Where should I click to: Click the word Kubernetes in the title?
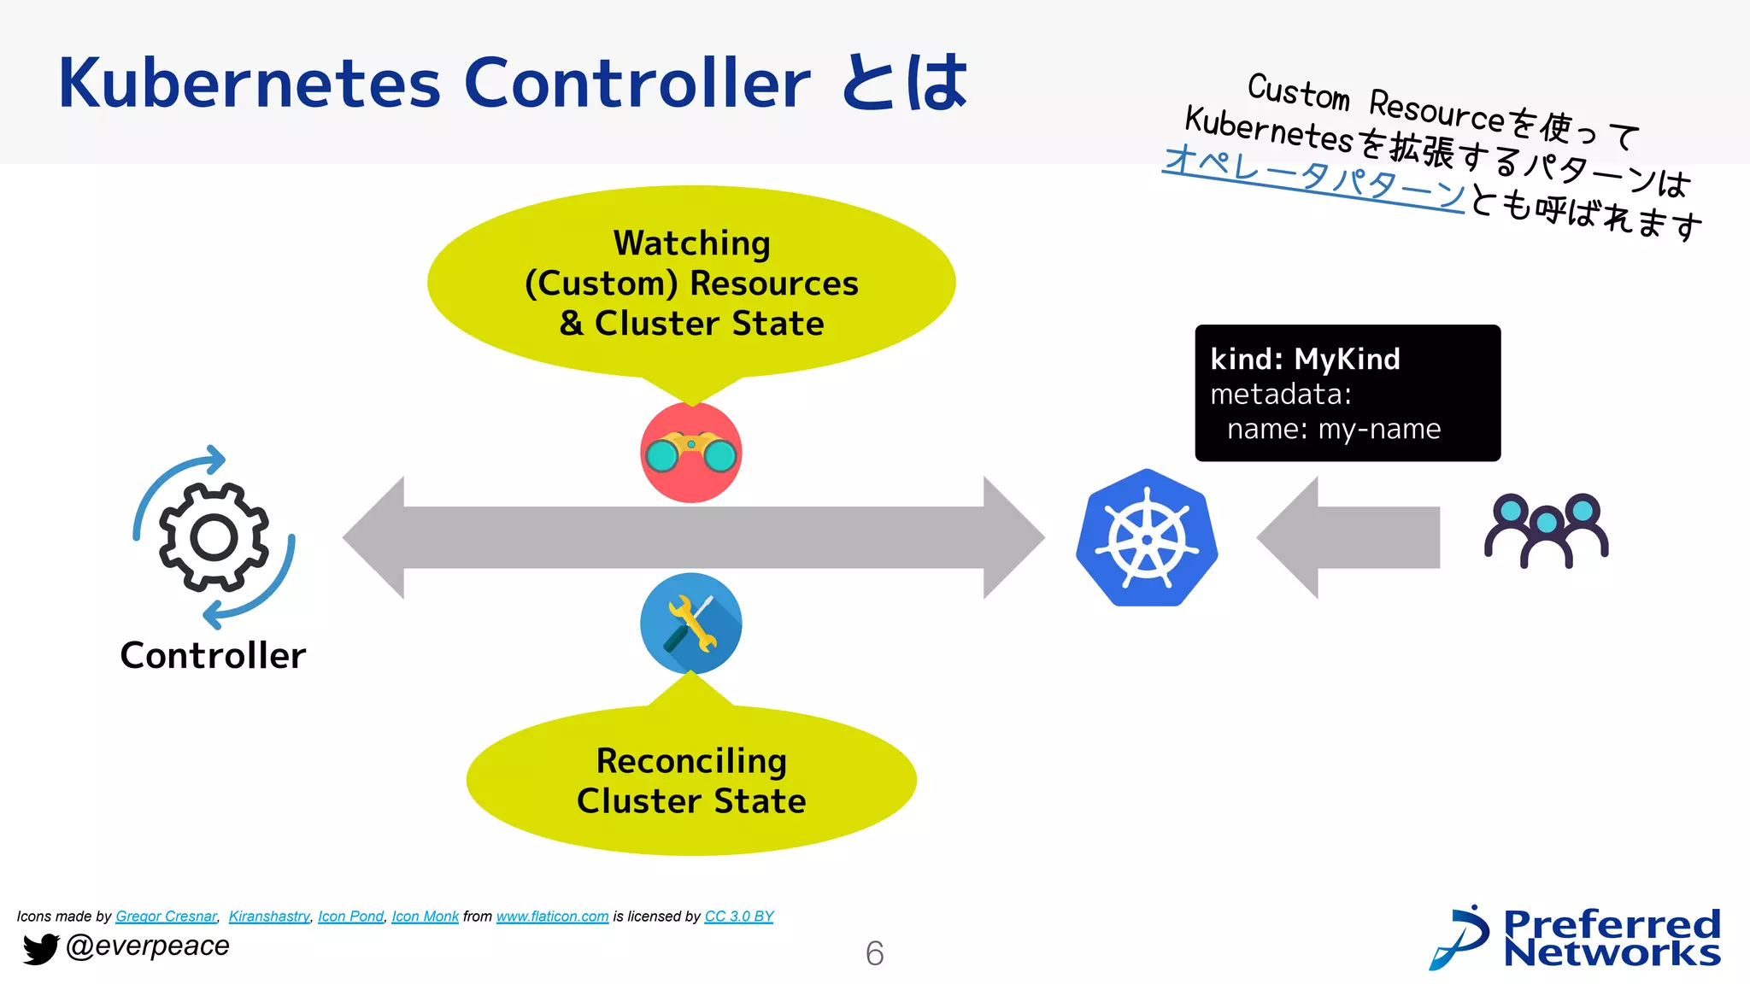(x=249, y=83)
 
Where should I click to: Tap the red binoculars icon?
(x=690, y=453)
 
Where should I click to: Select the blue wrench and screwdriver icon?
(x=690, y=624)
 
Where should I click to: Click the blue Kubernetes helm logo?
(x=1147, y=538)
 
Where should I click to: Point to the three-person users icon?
(x=1546, y=530)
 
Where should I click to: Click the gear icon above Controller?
(x=214, y=537)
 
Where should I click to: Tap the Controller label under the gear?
(x=213, y=656)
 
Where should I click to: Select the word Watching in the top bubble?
(x=691, y=243)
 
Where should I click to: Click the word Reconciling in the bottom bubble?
(x=690, y=761)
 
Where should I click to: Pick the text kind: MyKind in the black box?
(x=1305, y=360)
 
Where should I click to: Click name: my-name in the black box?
(x=1333, y=429)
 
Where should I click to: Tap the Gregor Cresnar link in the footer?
(x=166, y=917)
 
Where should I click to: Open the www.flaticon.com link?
(x=552, y=917)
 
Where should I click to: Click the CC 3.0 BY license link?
(x=738, y=917)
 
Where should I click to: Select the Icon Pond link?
(x=350, y=917)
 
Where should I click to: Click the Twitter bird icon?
(x=39, y=948)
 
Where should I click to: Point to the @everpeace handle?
(x=147, y=946)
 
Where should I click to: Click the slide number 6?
(x=874, y=953)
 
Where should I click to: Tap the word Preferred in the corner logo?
(x=1611, y=924)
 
